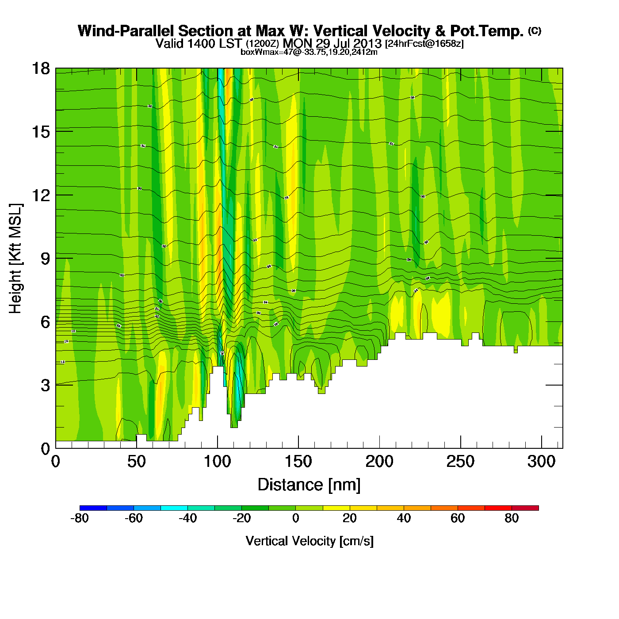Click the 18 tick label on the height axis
pyautogui.click(x=40, y=69)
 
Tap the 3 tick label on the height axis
pyautogui.click(x=45, y=385)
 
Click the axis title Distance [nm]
pyautogui.click(x=309, y=485)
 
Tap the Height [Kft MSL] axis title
pyautogui.click(x=15, y=259)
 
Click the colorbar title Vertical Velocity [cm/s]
pyautogui.click(x=309, y=541)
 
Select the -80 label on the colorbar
pyautogui.click(x=80, y=518)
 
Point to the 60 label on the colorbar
pyautogui.click(x=458, y=518)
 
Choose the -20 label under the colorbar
pyautogui.click(x=241, y=518)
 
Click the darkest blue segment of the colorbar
pyautogui.click(x=93, y=508)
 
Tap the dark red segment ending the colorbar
pyautogui.click(x=525, y=508)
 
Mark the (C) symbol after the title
pyautogui.click(x=535, y=31)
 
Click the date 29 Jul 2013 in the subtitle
pyautogui.click(x=348, y=43)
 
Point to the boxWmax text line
pyautogui.click(x=309, y=52)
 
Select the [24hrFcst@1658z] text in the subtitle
pyautogui.click(x=424, y=44)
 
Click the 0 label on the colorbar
pyautogui.click(x=295, y=518)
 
